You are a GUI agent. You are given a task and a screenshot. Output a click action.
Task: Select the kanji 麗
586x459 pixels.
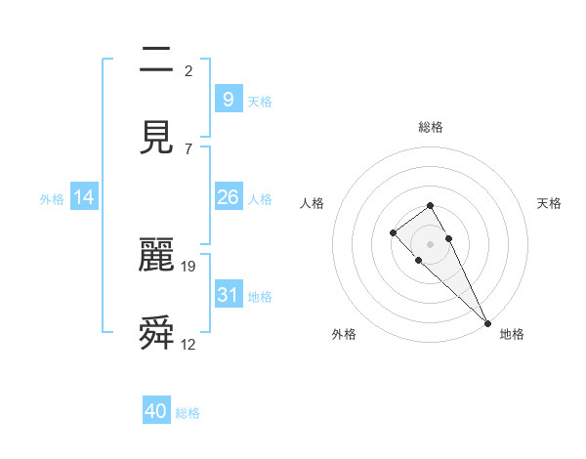pos(156,255)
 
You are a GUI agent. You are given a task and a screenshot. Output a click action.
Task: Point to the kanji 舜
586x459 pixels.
pos(156,333)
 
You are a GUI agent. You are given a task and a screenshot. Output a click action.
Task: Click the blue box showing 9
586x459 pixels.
pos(228,100)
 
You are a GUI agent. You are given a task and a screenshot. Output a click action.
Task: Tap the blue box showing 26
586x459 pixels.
pos(228,197)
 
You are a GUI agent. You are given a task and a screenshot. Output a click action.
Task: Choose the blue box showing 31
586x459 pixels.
pos(228,294)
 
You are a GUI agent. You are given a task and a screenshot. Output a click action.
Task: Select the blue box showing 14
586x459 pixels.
pos(84,197)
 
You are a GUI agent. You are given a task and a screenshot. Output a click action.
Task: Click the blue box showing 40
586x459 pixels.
pos(156,411)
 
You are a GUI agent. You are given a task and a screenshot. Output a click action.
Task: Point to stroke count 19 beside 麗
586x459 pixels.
pos(188,266)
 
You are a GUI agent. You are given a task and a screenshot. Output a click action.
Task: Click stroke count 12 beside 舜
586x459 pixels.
pos(188,344)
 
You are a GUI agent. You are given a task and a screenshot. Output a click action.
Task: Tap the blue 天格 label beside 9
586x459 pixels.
pos(260,101)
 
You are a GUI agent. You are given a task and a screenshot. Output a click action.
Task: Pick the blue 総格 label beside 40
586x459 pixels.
pos(188,413)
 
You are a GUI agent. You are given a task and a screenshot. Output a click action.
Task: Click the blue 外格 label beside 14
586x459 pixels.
pos(52,198)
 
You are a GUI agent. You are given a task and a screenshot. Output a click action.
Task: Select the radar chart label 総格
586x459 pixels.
pos(430,127)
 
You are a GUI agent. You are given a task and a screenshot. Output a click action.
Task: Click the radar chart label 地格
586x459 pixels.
pos(512,334)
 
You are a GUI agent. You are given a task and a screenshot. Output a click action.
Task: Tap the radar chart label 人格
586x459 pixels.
pos(313,203)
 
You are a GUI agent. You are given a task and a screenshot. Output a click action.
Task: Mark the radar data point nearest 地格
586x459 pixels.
pos(487,323)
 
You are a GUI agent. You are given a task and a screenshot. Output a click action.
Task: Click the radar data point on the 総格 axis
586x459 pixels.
pos(430,205)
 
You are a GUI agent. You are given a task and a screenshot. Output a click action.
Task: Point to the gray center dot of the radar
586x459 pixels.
pos(430,244)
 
